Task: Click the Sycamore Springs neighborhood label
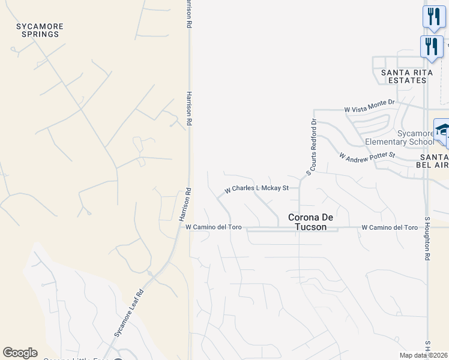point(40,31)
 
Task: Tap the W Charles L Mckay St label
point(257,188)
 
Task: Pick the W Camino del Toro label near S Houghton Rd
point(390,227)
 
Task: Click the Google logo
point(20,353)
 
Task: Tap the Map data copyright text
point(423,355)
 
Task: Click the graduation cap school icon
point(442,131)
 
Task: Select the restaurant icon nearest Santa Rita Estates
point(432,46)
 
